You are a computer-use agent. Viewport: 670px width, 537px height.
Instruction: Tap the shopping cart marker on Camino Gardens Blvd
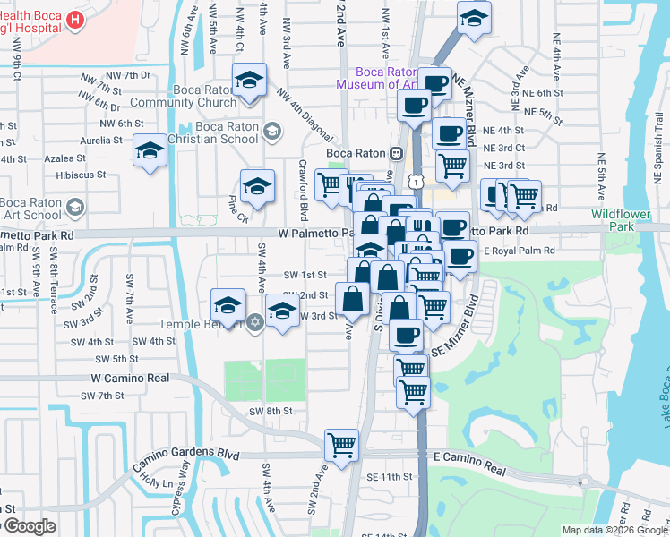[341, 445]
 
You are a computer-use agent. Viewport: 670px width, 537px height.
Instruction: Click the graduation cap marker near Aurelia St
[150, 151]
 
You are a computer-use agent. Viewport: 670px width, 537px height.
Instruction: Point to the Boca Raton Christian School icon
[271, 132]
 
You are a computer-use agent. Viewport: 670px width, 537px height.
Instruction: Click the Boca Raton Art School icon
[74, 208]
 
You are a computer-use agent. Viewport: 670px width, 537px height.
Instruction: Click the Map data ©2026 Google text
[614, 530]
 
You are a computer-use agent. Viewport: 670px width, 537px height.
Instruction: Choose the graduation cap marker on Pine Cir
[257, 187]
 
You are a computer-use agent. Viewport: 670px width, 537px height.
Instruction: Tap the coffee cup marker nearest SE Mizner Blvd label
[406, 336]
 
